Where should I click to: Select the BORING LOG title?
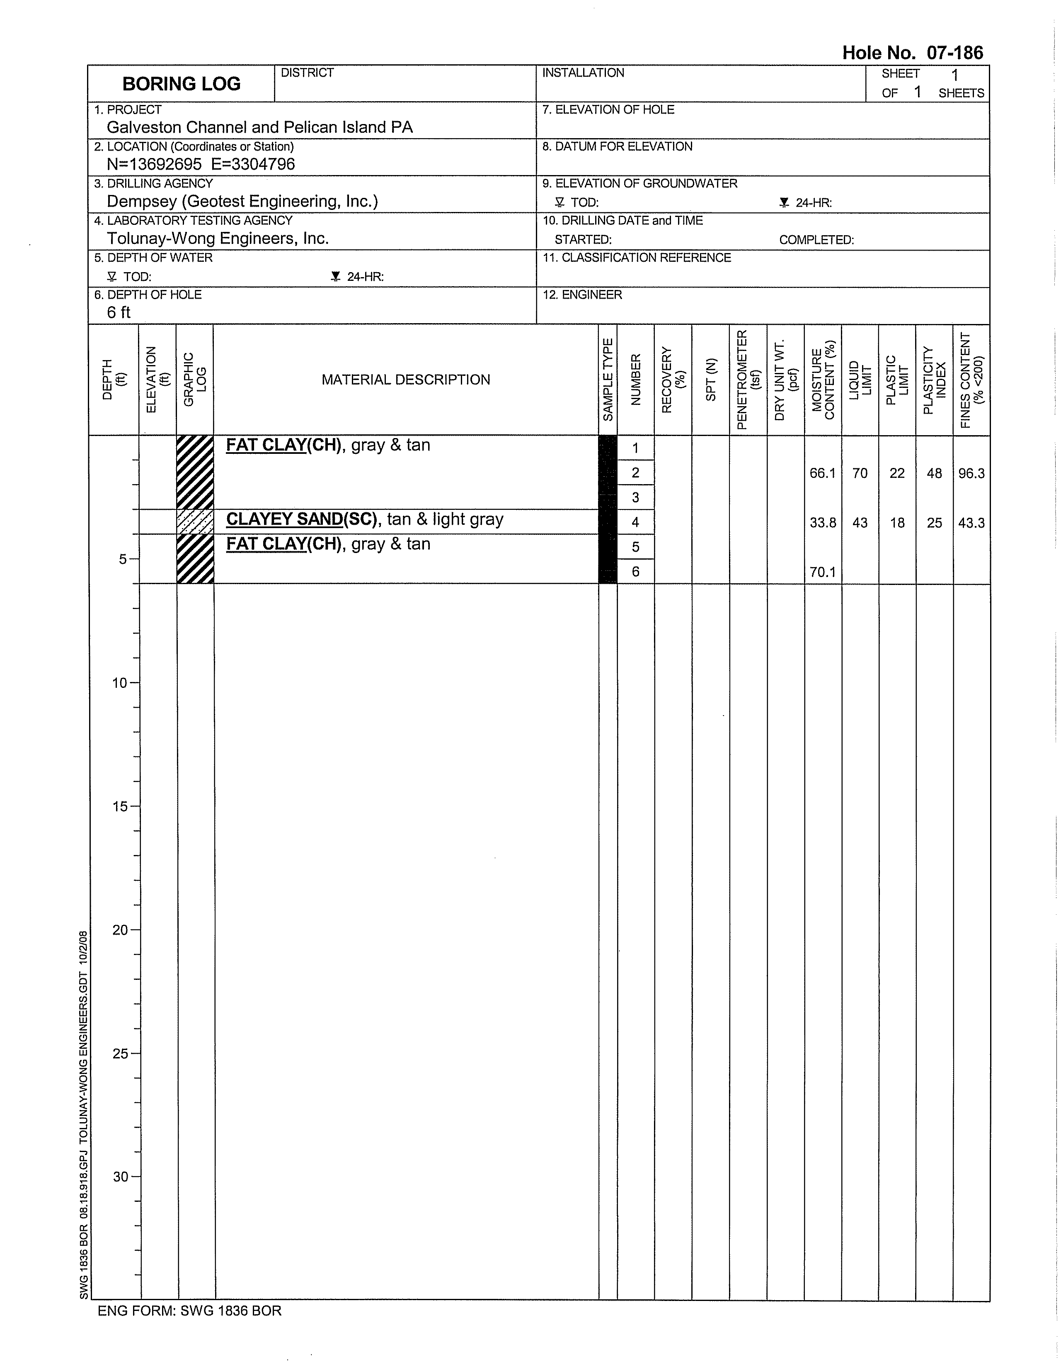pyautogui.click(x=181, y=84)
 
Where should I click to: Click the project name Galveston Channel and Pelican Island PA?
pyautogui.click(x=259, y=127)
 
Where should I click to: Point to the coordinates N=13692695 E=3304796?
pyautogui.click(x=201, y=164)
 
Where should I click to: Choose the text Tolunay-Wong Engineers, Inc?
pyautogui.click(x=217, y=238)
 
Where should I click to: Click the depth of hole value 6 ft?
pyautogui.click(x=119, y=312)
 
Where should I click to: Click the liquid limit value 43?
pyautogui.click(x=860, y=523)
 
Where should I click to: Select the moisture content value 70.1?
pyautogui.click(x=822, y=572)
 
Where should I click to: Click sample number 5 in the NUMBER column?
pyautogui.click(x=635, y=547)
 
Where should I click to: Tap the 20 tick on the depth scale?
pyautogui.click(x=120, y=930)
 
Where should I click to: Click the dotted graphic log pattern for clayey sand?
pyautogui.click(x=195, y=521)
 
